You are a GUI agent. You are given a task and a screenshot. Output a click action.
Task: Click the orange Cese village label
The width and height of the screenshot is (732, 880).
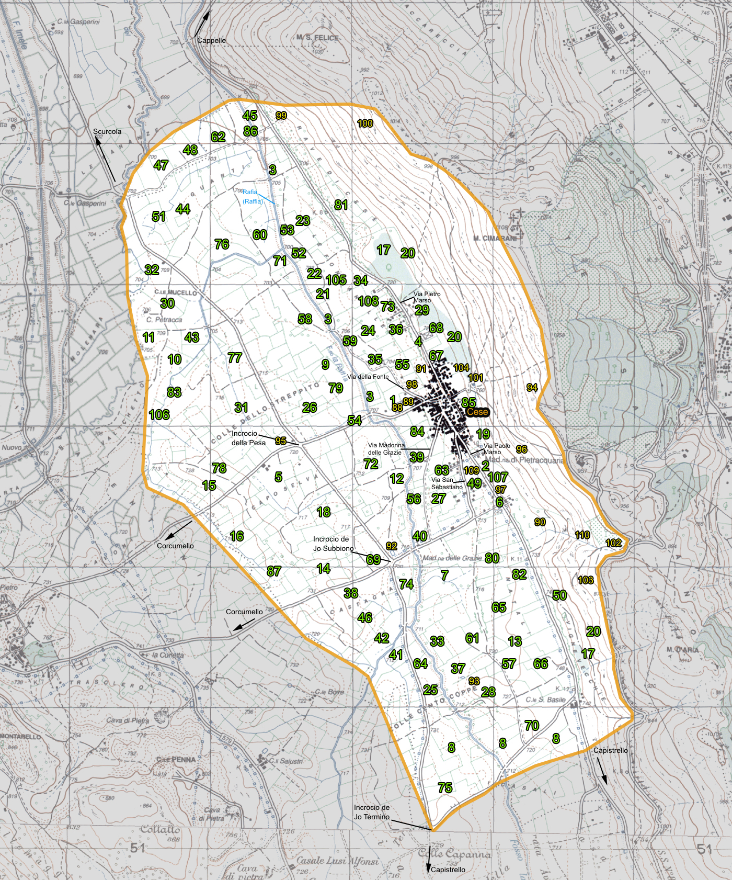click(x=477, y=412)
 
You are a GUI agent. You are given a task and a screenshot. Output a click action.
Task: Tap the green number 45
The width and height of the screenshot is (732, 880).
click(x=250, y=116)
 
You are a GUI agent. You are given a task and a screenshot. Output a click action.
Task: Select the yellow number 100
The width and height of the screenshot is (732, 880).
click(x=365, y=123)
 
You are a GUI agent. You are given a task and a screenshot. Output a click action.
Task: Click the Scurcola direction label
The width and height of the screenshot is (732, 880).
click(x=107, y=131)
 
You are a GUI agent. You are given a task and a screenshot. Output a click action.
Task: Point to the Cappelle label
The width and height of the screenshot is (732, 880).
click(x=212, y=40)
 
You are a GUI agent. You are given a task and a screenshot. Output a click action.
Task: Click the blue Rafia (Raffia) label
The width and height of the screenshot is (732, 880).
click(x=253, y=197)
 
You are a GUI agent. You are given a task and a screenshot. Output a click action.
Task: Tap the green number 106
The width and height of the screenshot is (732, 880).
click(x=159, y=415)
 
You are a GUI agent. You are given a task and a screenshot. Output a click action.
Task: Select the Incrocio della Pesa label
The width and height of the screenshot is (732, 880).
click(x=248, y=438)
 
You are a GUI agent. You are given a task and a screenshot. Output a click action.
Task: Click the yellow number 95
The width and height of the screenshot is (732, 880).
click(x=281, y=441)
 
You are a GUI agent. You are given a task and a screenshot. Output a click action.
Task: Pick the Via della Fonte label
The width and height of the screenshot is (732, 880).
click(x=368, y=377)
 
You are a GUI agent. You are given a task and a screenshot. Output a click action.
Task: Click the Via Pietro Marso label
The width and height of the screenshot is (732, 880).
click(x=427, y=297)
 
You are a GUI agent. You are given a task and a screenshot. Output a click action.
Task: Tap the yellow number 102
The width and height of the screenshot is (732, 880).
click(x=613, y=543)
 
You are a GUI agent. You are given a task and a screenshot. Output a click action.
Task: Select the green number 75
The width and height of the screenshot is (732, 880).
click(x=445, y=788)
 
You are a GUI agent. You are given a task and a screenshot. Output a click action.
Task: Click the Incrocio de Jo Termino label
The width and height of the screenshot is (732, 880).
click(x=372, y=812)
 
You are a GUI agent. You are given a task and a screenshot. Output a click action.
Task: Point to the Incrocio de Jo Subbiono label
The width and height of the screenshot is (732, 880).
click(x=333, y=544)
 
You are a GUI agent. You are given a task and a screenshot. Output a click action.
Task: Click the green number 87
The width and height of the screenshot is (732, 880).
click(x=274, y=571)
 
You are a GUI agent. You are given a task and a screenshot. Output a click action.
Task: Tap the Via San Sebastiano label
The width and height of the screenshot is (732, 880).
click(x=447, y=483)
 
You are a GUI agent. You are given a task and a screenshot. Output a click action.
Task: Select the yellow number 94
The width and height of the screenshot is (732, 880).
click(x=532, y=388)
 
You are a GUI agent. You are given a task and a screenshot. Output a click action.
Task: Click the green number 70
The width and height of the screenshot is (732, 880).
click(x=532, y=726)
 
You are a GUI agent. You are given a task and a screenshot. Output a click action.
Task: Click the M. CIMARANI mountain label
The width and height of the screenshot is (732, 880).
click(x=495, y=239)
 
